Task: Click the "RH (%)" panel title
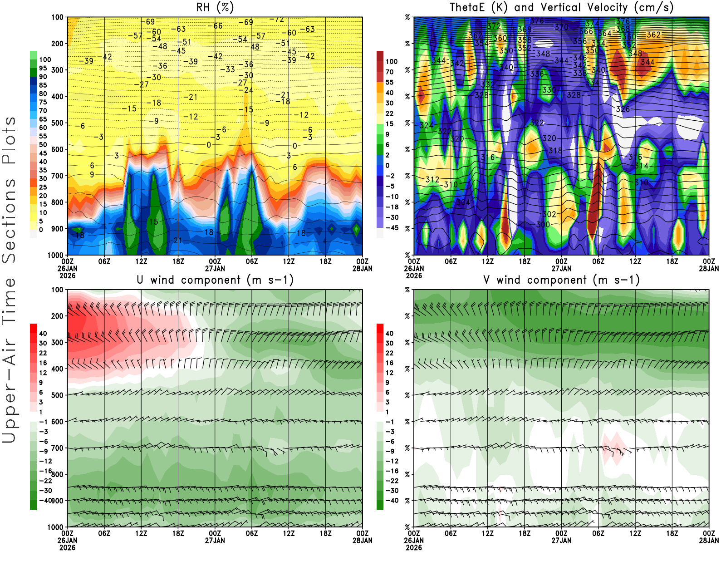(x=215, y=7)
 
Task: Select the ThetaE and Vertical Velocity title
(x=561, y=7)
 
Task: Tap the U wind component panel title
(x=215, y=280)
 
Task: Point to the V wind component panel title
(x=561, y=280)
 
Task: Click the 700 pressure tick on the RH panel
(x=57, y=176)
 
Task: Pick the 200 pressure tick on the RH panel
(x=57, y=44)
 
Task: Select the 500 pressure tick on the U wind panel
(x=57, y=395)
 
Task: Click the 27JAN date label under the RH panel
(x=215, y=268)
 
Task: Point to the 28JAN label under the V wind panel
(x=709, y=541)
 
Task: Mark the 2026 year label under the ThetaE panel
(x=414, y=276)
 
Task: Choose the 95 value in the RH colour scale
(x=43, y=68)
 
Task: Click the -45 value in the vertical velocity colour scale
(x=392, y=228)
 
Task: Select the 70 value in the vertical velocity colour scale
(x=389, y=72)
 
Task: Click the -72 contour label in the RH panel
(x=276, y=20)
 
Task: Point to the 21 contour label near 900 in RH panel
(x=178, y=240)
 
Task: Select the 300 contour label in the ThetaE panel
(x=543, y=225)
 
